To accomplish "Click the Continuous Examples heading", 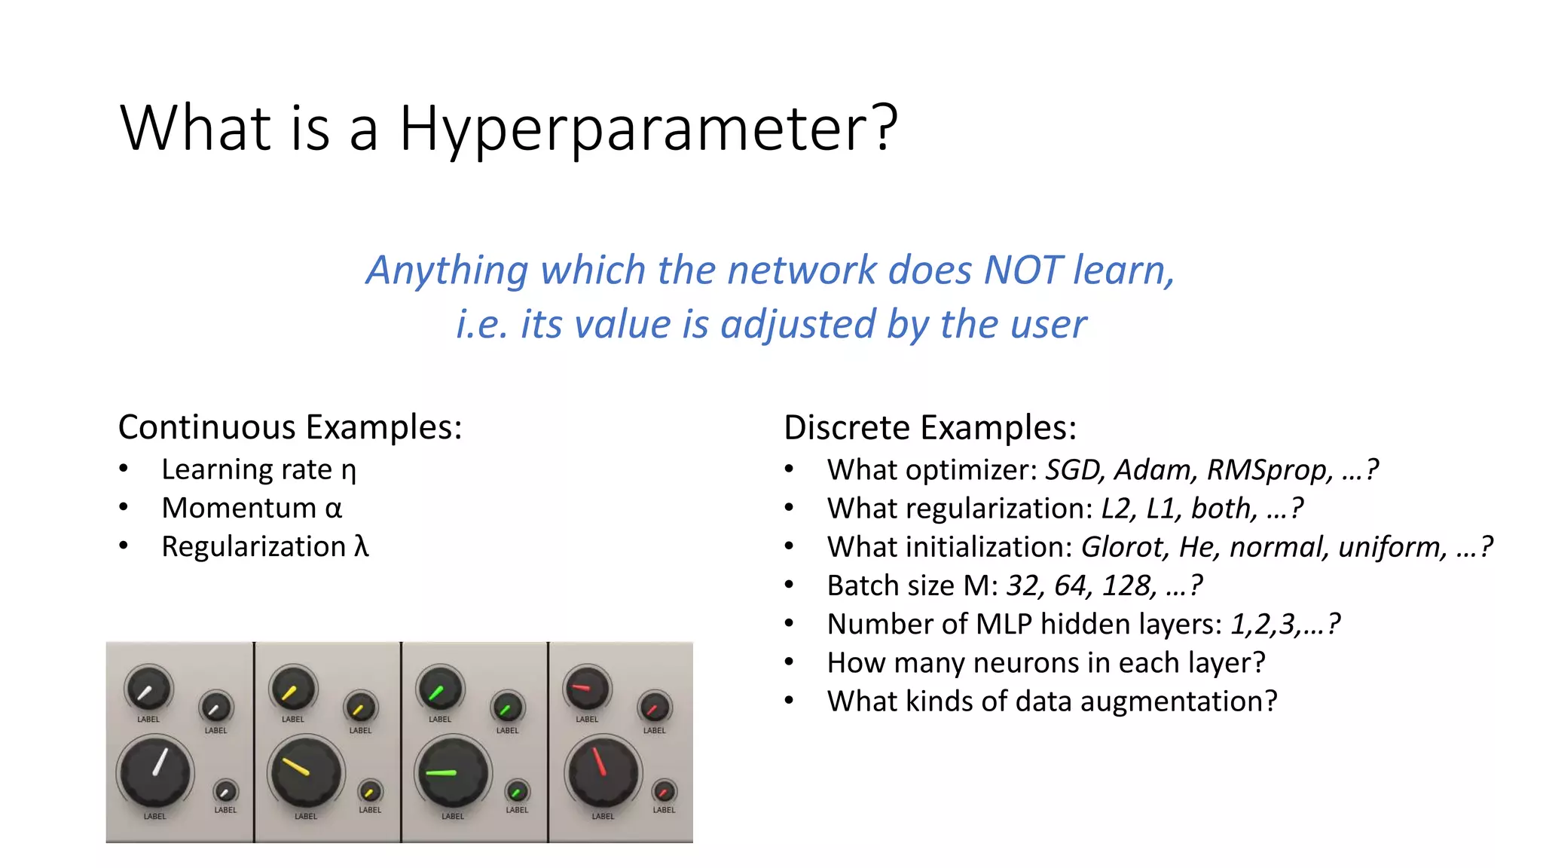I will pos(290,427).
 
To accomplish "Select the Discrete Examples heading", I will pos(930,428).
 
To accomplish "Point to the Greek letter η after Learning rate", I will pos(348,471).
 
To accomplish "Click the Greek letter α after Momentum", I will pos(334,509).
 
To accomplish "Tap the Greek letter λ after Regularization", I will pos(362,546).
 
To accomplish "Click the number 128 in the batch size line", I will pos(1128,585).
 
